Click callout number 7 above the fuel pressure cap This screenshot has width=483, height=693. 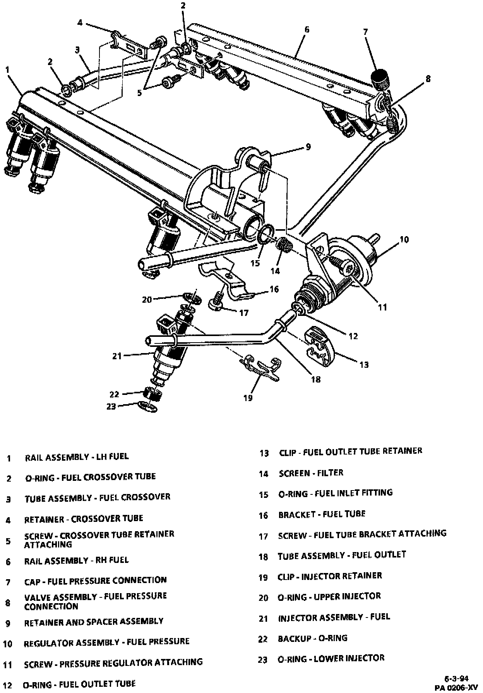coord(365,32)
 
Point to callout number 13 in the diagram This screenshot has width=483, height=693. coord(364,364)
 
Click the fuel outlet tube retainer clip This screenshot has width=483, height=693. coord(320,345)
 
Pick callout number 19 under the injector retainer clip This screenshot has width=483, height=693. coord(248,398)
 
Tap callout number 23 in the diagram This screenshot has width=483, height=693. coord(111,407)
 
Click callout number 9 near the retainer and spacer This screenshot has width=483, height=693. coord(308,147)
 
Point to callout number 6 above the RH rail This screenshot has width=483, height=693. coord(307,29)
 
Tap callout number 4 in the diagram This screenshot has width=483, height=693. coord(80,23)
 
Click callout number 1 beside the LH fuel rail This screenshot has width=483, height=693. coord(7,70)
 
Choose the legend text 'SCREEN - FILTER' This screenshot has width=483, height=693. coord(311,473)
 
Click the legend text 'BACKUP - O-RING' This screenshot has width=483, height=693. coord(312,638)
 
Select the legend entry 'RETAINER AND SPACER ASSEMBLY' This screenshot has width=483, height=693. coord(94,621)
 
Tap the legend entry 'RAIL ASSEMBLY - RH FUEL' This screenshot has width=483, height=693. coord(76,560)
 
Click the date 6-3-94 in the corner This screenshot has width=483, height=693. coord(457,678)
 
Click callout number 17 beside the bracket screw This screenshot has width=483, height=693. coord(243,313)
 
